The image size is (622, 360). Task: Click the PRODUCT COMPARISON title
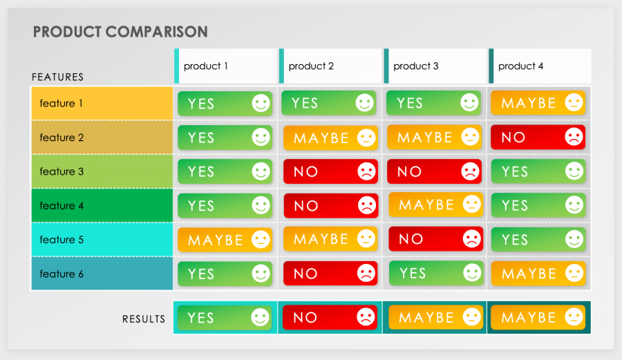click(x=120, y=32)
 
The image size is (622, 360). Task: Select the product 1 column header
click(x=206, y=66)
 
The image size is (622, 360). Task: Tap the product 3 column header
click(x=416, y=66)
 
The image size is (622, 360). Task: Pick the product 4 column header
click(x=521, y=66)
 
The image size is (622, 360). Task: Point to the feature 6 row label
click(x=62, y=274)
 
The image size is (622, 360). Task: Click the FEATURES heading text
click(x=58, y=77)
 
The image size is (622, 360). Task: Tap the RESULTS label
click(x=144, y=319)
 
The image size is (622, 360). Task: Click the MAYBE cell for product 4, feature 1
click(x=538, y=103)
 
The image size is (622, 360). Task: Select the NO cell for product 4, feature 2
click(x=538, y=138)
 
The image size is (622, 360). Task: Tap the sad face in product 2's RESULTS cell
click(x=365, y=318)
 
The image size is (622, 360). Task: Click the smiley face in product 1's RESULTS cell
click(x=260, y=318)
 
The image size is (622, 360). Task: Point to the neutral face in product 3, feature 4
click(x=471, y=205)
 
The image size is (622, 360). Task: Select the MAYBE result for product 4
click(x=538, y=318)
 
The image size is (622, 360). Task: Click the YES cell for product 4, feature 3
click(x=538, y=171)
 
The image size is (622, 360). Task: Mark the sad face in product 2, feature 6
click(x=365, y=274)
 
